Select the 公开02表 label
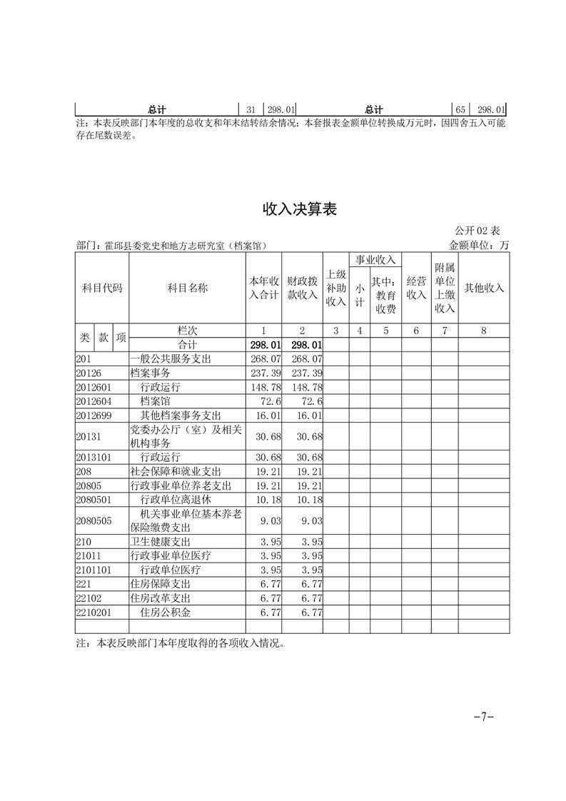pyautogui.click(x=477, y=231)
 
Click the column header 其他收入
pyautogui.click(x=484, y=288)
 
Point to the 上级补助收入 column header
pyautogui.click(x=335, y=288)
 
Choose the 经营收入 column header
pyautogui.click(x=416, y=288)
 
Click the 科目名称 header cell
pyautogui.click(x=187, y=288)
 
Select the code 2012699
pyautogui.click(x=94, y=415)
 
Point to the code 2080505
pyautogui.click(x=94, y=521)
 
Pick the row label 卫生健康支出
pyautogui.click(x=160, y=542)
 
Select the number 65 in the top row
pyautogui.click(x=460, y=110)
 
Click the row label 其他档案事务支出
pyautogui.click(x=181, y=415)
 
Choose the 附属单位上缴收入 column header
pyautogui.click(x=445, y=288)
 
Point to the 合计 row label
pyautogui.click(x=186, y=345)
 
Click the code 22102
pyautogui.click(x=89, y=598)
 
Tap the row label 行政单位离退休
pyautogui.click(x=176, y=500)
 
